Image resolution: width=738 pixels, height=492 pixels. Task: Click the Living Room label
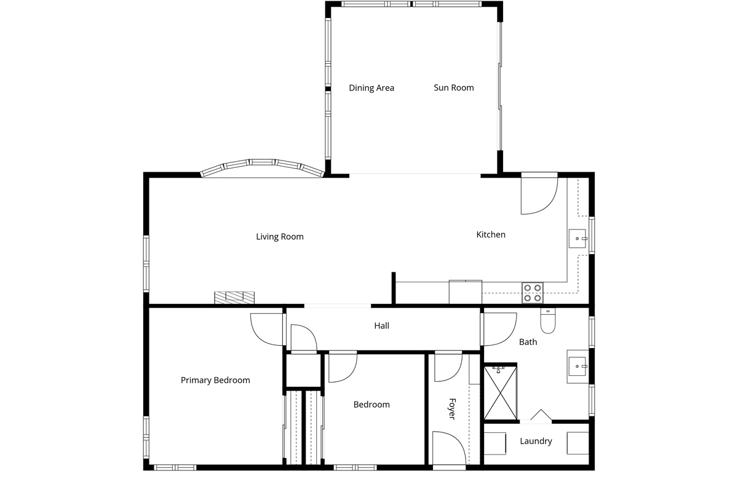click(280, 237)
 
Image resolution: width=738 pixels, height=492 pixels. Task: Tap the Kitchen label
click(491, 235)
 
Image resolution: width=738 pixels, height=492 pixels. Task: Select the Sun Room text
click(454, 88)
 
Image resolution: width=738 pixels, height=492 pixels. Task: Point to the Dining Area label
click(371, 88)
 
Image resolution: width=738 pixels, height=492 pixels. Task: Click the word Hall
click(381, 326)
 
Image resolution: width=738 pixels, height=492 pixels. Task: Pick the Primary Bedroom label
click(215, 380)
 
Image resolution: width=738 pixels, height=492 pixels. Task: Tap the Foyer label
click(453, 409)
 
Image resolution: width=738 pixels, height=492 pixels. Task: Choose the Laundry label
click(536, 441)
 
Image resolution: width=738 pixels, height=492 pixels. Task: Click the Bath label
click(528, 342)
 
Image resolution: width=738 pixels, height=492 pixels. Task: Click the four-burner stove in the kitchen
click(533, 293)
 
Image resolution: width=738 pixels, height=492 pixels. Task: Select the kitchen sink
click(578, 239)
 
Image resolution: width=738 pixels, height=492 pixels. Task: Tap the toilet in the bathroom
click(548, 320)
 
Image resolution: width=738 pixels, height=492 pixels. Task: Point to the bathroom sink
click(577, 366)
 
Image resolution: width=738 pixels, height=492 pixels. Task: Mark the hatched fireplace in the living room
click(234, 298)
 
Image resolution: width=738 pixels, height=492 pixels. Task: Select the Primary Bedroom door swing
click(267, 329)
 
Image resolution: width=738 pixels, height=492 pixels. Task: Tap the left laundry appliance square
click(494, 443)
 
